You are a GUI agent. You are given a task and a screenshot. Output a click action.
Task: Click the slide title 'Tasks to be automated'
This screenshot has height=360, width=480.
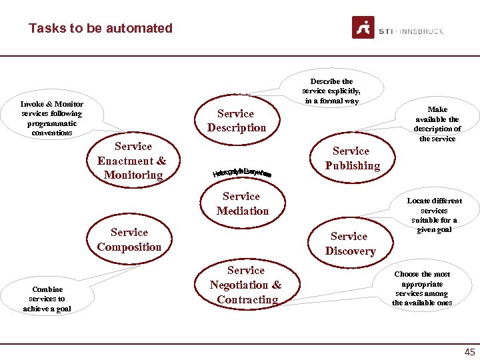101,28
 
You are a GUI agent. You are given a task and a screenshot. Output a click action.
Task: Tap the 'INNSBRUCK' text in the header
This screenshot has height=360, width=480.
421,31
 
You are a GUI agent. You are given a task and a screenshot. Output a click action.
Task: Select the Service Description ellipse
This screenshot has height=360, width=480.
236,121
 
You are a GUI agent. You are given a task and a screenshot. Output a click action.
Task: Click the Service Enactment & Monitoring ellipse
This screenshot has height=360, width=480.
132,161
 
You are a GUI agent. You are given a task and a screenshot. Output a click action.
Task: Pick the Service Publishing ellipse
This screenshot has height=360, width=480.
351,159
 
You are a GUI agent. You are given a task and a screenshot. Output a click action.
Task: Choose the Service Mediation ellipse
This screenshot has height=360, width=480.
242,203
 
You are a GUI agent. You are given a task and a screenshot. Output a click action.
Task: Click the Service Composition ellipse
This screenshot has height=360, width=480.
129,239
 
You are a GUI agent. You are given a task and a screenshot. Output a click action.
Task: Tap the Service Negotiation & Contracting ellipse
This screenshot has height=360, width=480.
245,285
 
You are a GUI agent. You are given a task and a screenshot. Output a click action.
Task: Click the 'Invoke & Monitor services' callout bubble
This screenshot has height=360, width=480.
52,118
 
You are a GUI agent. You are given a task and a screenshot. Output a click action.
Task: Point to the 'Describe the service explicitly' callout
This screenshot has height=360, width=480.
331,91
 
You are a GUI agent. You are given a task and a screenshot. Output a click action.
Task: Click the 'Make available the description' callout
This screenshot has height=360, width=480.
437,123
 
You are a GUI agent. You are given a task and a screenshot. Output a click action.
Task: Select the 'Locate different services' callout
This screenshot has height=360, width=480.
434,215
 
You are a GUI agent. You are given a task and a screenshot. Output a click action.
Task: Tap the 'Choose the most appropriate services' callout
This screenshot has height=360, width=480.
422,288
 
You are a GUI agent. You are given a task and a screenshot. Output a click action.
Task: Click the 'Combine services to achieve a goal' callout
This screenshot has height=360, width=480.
47,299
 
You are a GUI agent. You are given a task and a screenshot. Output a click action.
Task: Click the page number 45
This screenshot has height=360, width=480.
469,352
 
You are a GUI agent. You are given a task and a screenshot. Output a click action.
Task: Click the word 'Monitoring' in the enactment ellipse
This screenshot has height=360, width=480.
133,175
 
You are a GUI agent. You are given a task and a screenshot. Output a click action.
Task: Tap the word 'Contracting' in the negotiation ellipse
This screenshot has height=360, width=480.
247,299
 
